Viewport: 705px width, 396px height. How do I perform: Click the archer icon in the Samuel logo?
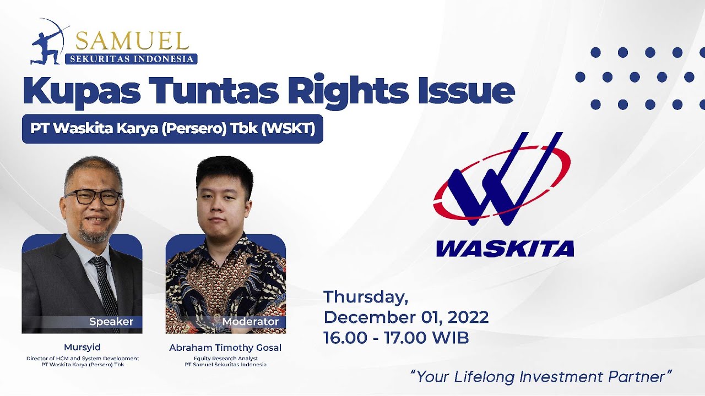pyautogui.click(x=48, y=42)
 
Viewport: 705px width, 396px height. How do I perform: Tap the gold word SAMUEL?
pyautogui.click(x=132, y=41)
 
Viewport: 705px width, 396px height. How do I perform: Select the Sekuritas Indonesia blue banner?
pyautogui.click(x=131, y=59)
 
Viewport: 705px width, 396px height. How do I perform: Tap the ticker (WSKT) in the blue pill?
pyautogui.click(x=288, y=128)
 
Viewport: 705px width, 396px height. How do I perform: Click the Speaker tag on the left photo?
pyautogui.click(x=111, y=322)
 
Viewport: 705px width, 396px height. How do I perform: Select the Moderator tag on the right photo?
pyautogui.click(x=251, y=322)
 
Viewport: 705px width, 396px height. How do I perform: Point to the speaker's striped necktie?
pyautogui.click(x=104, y=286)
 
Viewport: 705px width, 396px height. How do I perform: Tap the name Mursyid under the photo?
pyautogui.click(x=82, y=348)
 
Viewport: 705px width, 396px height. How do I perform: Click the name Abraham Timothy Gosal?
pyautogui.click(x=225, y=348)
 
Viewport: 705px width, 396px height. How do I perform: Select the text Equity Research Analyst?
pyautogui.click(x=225, y=359)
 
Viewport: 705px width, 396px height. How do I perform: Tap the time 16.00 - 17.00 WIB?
pyautogui.click(x=396, y=338)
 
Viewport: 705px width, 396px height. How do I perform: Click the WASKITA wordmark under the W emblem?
pyautogui.click(x=505, y=249)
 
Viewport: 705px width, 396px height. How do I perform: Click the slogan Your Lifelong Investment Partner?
pyautogui.click(x=541, y=377)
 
